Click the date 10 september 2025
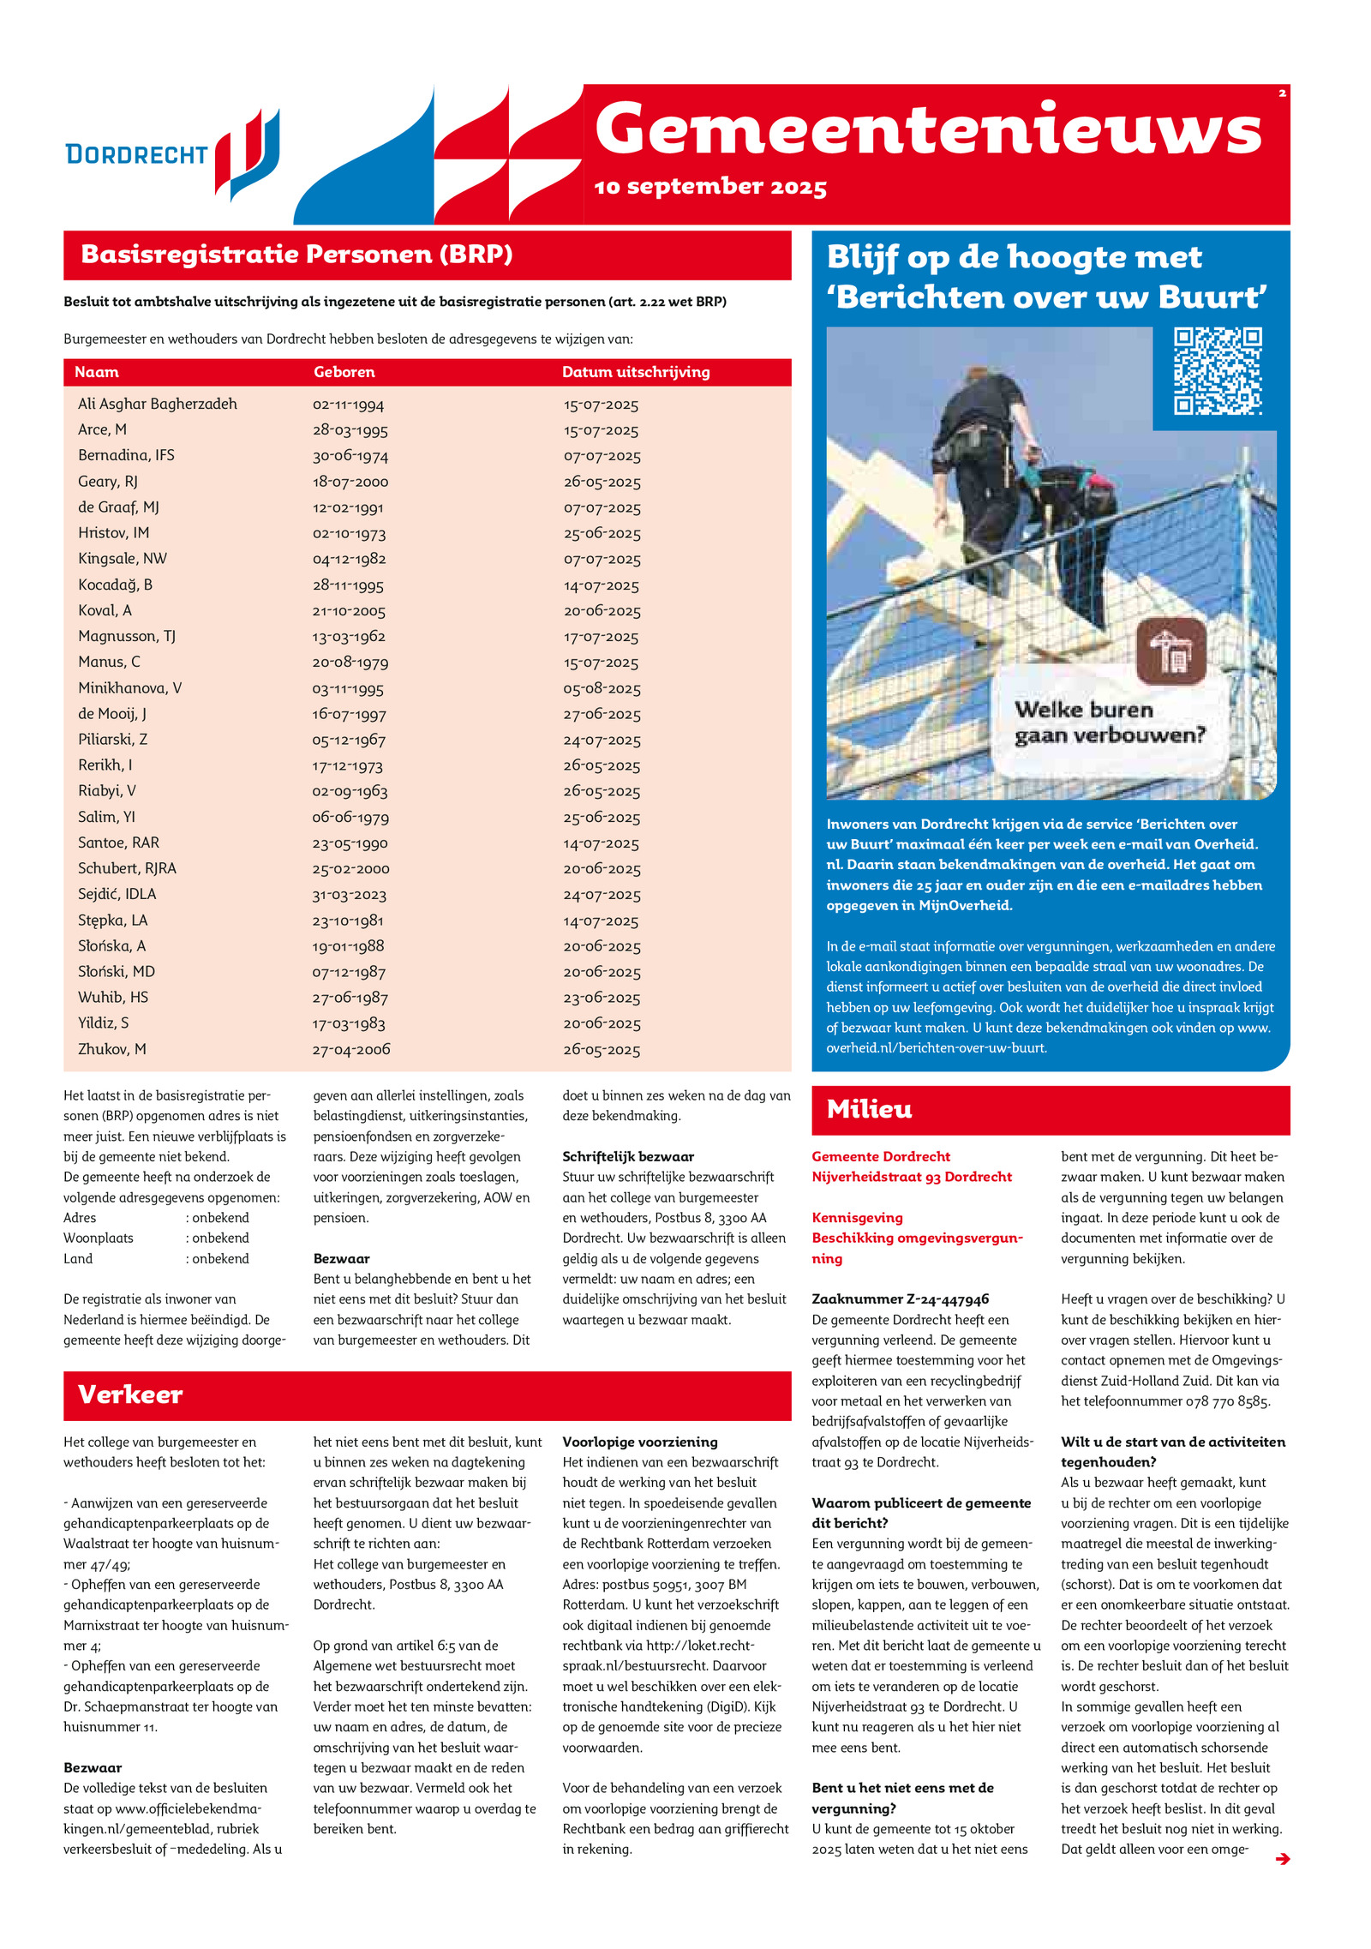tap(710, 187)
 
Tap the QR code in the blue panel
tap(1217, 371)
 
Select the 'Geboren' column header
tap(344, 372)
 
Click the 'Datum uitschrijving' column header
tap(636, 372)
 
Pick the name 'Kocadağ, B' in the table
tap(115, 585)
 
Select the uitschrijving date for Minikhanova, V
tap(602, 688)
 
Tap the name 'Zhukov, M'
tap(112, 1049)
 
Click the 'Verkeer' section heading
tap(130, 1394)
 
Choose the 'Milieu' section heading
tap(869, 1110)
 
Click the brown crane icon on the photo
tap(1170, 651)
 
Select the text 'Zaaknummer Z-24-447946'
tap(900, 1299)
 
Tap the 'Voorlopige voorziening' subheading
tap(640, 1442)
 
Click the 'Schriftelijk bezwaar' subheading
tap(628, 1156)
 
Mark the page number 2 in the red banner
tap(1282, 93)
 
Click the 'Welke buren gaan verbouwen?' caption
tap(1110, 723)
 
